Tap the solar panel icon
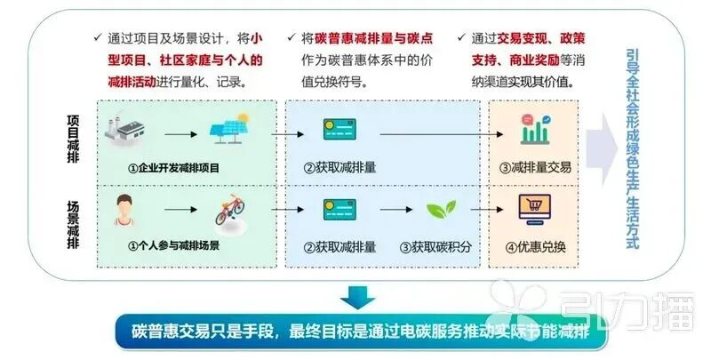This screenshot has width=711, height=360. coord(230,128)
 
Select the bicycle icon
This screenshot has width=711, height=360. coord(230,210)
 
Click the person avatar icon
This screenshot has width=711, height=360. coord(124,210)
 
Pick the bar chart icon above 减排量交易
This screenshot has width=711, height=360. coord(536,129)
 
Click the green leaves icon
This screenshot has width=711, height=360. coord(441,210)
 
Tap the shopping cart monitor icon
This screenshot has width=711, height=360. coord(535,210)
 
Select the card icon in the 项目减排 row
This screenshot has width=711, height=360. coord(340,129)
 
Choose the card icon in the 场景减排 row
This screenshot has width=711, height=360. coord(340,210)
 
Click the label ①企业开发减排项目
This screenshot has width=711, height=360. coord(173,168)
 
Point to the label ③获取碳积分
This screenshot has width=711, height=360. coord(435,247)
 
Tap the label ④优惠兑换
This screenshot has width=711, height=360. coord(535,247)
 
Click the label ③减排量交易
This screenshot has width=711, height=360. coord(535,167)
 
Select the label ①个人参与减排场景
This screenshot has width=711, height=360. coord(173,245)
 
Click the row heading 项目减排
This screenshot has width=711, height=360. coord(73,139)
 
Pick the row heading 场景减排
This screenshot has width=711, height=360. coord(73,224)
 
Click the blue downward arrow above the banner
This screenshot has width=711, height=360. coord(358,297)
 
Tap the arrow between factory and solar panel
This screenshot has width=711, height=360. coord(181,134)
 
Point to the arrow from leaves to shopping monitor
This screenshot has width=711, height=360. coord(487,210)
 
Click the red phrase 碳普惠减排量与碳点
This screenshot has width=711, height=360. coord(373,38)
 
